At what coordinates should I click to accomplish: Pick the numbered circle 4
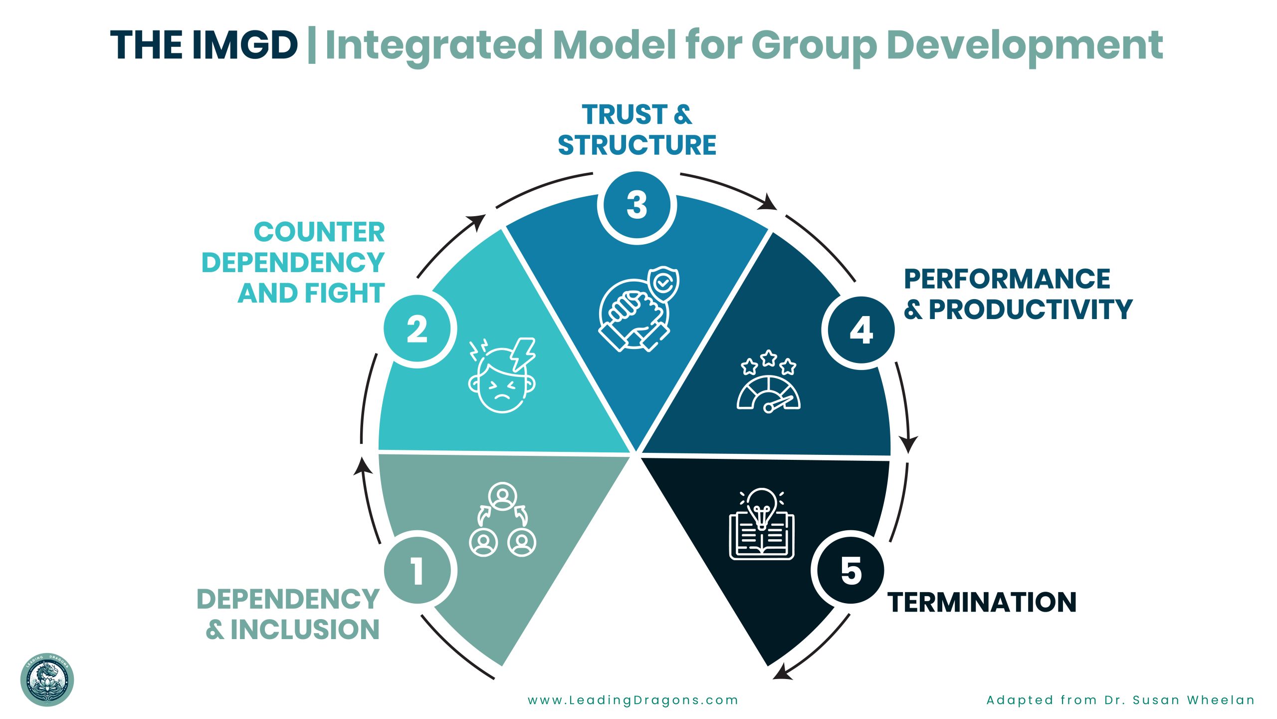pyautogui.click(x=861, y=330)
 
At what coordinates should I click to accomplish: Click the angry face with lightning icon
pyautogui.click(x=502, y=375)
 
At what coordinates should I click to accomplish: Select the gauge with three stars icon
pyautogui.click(x=769, y=381)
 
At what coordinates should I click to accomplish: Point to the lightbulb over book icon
pyautogui.click(x=762, y=524)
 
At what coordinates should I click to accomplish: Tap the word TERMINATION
pyautogui.click(x=982, y=602)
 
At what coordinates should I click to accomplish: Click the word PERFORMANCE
pyautogui.click(x=1007, y=279)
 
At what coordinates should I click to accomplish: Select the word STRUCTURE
pyautogui.click(x=637, y=145)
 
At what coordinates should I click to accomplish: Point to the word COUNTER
pyautogui.click(x=319, y=232)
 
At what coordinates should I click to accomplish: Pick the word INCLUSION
pyautogui.click(x=305, y=630)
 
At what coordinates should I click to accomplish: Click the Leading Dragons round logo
pyautogui.click(x=47, y=680)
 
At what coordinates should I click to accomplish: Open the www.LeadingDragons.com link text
pyautogui.click(x=633, y=700)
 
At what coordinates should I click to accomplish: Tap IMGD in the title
pyautogui.click(x=244, y=45)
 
